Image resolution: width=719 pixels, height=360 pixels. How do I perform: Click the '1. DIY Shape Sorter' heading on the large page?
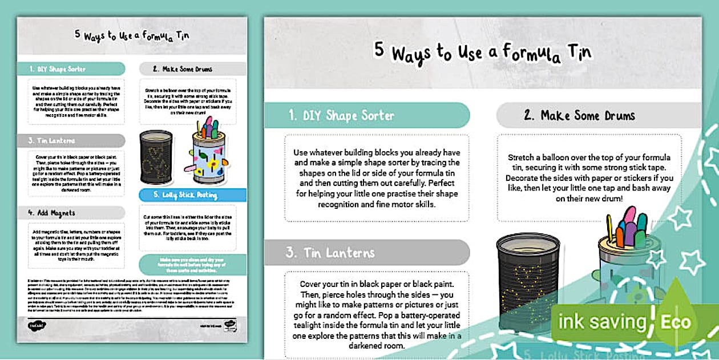pos(341,116)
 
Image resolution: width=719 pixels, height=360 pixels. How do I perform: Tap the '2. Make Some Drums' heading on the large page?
pos(580,115)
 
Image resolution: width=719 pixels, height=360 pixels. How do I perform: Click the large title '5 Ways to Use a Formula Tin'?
pos(483,51)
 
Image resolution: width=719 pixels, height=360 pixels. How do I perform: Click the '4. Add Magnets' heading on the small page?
pos(51,213)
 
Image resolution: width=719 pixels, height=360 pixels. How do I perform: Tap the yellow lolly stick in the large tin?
pos(609,228)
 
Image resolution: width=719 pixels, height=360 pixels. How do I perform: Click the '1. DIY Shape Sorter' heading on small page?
pos(58,69)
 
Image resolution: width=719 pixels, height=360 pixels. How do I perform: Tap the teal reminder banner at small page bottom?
pos(192,265)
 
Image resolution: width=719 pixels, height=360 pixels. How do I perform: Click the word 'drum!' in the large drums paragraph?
pos(612,199)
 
